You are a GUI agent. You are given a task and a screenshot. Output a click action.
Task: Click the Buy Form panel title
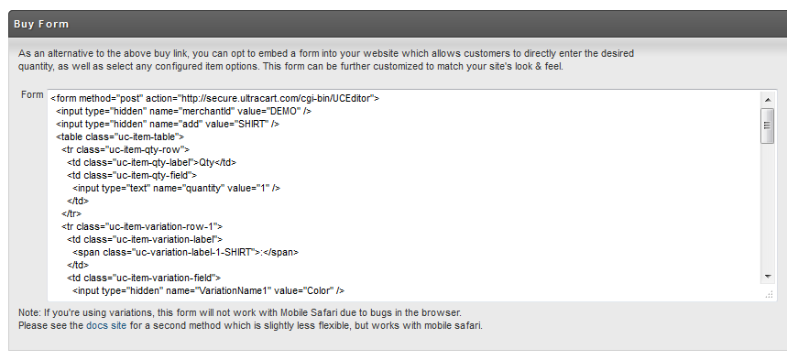(x=41, y=24)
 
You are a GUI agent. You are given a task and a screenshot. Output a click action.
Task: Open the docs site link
(x=106, y=325)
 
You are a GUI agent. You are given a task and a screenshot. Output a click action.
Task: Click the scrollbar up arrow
(x=768, y=100)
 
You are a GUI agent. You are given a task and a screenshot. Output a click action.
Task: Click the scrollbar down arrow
(x=768, y=276)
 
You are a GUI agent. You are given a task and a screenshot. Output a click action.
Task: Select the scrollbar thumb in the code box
(x=768, y=125)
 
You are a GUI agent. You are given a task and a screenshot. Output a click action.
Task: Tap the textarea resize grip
(x=769, y=295)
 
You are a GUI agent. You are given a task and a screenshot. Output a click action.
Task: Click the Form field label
(x=32, y=95)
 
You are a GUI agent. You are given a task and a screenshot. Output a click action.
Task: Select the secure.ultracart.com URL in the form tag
(x=275, y=98)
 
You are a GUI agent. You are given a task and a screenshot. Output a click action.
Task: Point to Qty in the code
(x=206, y=162)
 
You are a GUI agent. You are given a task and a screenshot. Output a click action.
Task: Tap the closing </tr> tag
(x=71, y=213)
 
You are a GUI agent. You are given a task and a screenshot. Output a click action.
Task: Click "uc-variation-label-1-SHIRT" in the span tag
(x=194, y=252)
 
